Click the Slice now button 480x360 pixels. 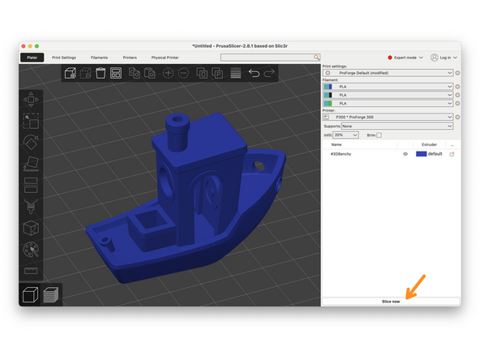(391, 301)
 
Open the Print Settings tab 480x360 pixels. (64, 58)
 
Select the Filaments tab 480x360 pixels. (99, 58)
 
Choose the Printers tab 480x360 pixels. (130, 58)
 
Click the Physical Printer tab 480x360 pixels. (165, 58)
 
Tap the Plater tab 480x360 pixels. (32, 58)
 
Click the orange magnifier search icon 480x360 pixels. (317, 58)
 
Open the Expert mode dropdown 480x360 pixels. (406, 58)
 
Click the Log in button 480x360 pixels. (444, 58)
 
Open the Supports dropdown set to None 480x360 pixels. (396, 126)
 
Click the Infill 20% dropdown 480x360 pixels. (346, 135)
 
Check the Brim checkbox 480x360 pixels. (379, 135)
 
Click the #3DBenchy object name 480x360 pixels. (341, 153)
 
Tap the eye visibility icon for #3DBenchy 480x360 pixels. (405, 153)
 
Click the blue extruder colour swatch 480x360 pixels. (422, 153)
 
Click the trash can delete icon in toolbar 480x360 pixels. (101, 73)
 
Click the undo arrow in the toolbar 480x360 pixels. (254, 73)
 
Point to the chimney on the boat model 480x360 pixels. (178, 125)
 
